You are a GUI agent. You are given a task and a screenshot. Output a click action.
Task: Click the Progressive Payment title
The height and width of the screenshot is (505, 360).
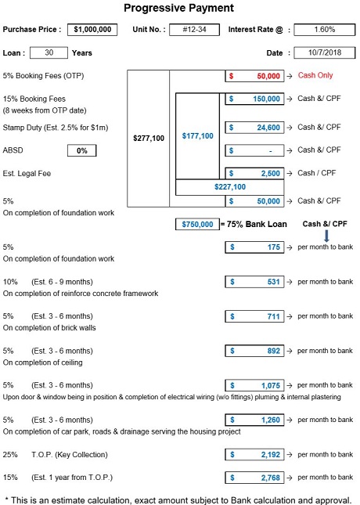coord(178,8)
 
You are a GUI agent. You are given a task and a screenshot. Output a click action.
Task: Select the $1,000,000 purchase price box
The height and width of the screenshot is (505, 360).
coord(92,30)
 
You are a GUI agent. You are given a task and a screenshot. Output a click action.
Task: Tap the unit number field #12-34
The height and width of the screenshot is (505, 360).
coord(195,30)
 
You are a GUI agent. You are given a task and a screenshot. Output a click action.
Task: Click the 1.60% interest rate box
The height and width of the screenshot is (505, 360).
coord(325,30)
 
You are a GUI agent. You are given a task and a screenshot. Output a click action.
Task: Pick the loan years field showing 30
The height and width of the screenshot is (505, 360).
coord(49,52)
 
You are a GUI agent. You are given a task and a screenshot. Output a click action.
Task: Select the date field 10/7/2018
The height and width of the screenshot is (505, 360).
coord(325,52)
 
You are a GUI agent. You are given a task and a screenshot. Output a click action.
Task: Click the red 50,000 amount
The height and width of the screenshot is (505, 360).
coord(268,76)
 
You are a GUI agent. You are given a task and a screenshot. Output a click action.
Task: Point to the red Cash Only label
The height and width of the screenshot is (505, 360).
coord(315,75)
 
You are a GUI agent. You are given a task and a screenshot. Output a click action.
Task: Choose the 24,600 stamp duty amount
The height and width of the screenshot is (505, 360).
coord(268,128)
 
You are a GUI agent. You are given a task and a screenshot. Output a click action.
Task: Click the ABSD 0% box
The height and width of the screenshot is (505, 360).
coord(82,151)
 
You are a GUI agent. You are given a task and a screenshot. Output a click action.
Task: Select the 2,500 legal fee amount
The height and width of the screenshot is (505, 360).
coord(271,174)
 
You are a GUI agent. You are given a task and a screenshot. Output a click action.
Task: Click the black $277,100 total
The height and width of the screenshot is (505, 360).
coord(149,139)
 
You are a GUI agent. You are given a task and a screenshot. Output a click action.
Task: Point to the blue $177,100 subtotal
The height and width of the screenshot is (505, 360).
coord(198,136)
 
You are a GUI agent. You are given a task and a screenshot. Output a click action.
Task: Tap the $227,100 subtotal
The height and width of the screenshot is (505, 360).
coord(230,187)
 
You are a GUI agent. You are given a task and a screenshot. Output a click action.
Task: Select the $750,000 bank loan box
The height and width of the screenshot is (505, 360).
coord(197,224)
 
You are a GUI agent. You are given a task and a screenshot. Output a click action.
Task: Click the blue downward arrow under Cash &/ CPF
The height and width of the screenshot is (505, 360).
coord(326,236)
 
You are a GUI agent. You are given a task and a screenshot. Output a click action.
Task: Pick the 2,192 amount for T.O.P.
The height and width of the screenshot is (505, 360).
coord(271,455)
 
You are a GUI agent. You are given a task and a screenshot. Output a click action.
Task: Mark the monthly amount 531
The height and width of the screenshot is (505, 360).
coord(273,282)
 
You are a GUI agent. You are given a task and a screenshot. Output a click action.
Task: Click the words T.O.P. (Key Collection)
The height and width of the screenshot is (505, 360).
coord(70,455)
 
